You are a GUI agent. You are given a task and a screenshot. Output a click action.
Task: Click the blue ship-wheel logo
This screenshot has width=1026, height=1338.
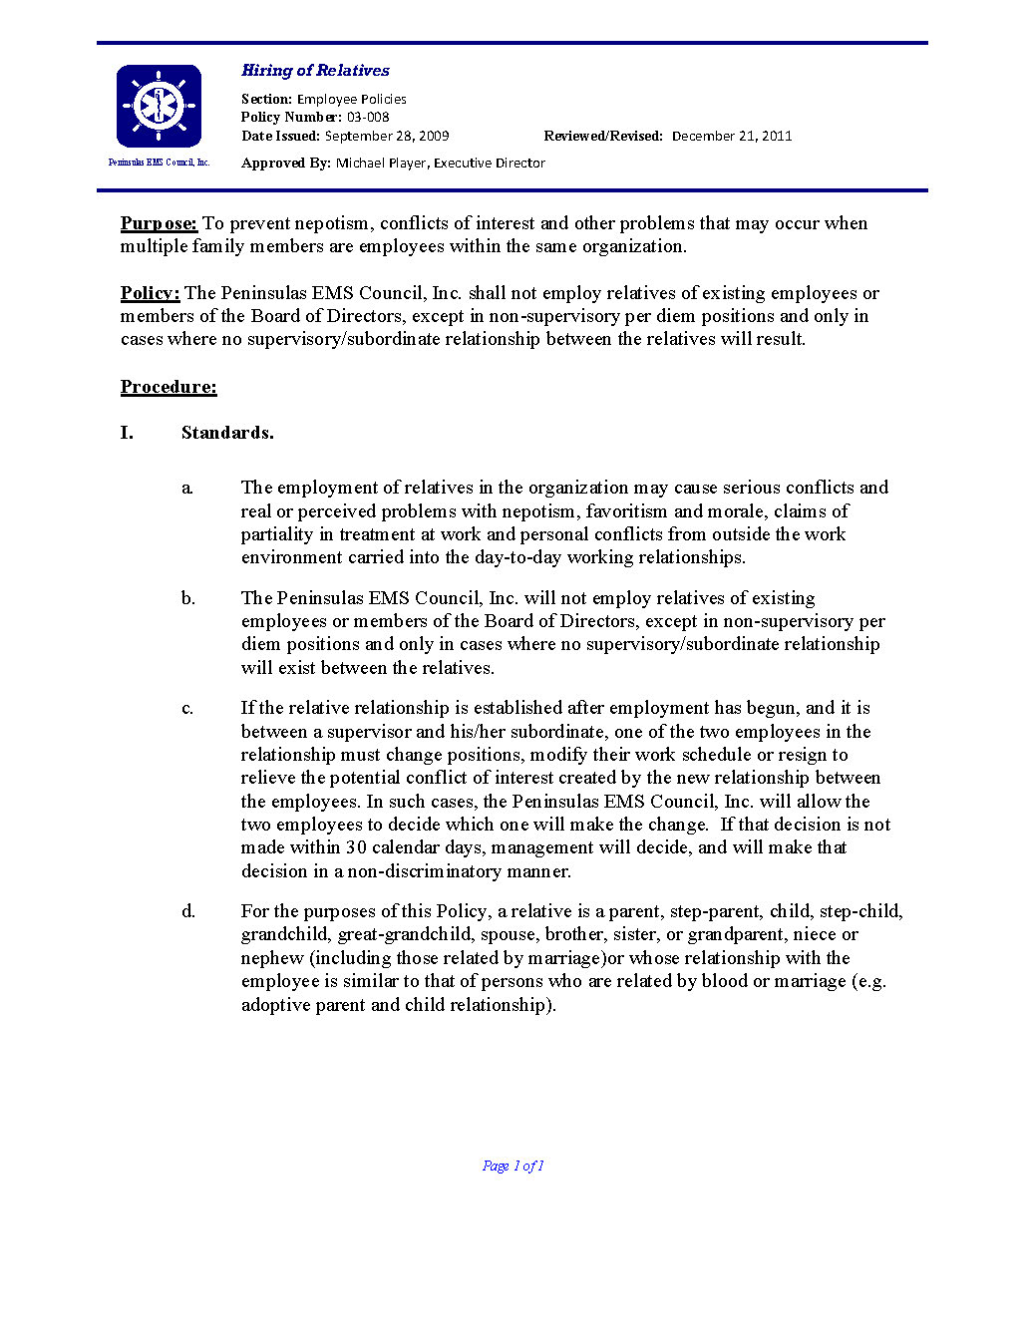point(159,106)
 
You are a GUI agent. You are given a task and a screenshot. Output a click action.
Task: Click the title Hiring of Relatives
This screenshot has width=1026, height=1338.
point(315,71)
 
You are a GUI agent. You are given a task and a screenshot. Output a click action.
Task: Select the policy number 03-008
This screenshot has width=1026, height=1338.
point(368,118)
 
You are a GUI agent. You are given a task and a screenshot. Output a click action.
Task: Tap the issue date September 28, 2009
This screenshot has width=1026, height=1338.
point(387,137)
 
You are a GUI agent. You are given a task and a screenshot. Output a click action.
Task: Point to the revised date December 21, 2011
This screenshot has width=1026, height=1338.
point(732,137)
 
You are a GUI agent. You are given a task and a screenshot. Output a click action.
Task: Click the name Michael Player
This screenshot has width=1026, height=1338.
point(381,164)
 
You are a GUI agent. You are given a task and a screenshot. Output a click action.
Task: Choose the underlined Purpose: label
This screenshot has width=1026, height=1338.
point(159,223)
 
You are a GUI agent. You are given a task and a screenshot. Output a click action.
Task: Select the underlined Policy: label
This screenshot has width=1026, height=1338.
point(150,293)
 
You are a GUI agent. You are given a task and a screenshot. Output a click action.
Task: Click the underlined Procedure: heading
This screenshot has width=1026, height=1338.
point(169,387)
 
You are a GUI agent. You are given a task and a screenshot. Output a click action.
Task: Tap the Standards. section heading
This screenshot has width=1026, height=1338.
point(227,433)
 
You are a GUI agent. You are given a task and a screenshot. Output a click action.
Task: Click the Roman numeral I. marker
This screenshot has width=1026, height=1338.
point(127,433)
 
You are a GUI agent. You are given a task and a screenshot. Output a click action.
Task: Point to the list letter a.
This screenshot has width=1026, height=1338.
point(187,489)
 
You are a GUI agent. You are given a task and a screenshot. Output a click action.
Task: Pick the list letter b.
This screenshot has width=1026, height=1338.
point(188,598)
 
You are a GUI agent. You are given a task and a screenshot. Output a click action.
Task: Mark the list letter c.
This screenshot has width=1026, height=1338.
point(187,709)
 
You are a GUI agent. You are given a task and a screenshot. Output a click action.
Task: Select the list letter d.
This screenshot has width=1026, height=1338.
point(188,911)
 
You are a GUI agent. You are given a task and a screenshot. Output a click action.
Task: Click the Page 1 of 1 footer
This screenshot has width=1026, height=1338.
point(513,1166)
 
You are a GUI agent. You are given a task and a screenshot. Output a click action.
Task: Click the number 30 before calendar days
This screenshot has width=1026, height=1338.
point(356,847)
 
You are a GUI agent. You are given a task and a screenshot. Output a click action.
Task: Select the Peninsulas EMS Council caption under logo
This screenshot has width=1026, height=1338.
point(159,163)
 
